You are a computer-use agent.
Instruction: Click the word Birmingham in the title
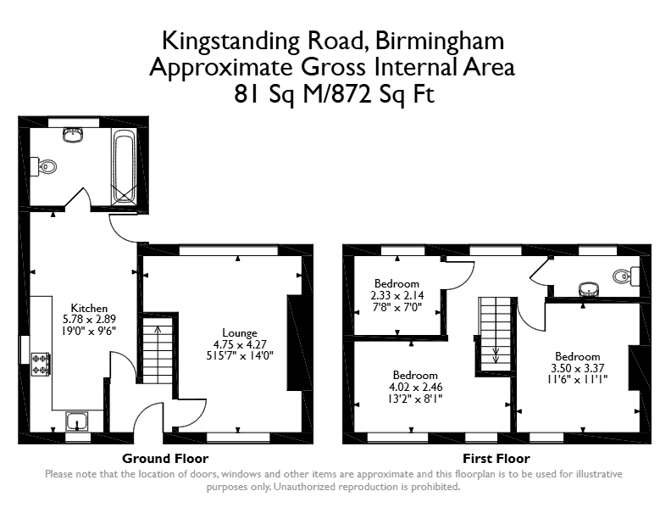(x=440, y=41)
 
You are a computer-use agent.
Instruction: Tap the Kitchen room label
(x=89, y=308)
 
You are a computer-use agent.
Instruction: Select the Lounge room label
(x=240, y=332)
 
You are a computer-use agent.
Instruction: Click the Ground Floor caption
(x=165, y=459)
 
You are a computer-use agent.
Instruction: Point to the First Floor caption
(x=496, y=459)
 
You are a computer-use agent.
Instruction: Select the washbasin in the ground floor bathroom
(x=73, y=135)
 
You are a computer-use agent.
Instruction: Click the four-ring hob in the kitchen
(x=41, y=365)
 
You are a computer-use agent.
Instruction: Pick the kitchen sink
(x=77, y=421)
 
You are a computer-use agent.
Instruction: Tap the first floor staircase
(x=495, y=334)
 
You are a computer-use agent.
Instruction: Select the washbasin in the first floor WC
(x=591, y=289)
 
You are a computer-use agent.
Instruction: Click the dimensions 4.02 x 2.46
(x=415, y=387)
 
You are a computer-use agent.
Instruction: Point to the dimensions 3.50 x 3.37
(x=577, y=368)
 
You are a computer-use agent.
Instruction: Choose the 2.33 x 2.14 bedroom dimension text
(x=397, y=295)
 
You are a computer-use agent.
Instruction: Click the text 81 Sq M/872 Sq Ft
(x=334, y=94)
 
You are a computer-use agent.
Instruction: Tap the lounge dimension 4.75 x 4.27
(x=240, y=344)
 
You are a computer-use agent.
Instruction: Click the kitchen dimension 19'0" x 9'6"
(x=89, y=331)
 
